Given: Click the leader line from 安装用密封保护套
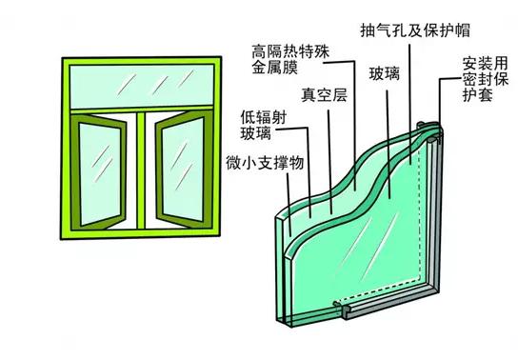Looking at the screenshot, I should coord(441,105).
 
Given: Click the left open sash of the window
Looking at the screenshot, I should coord(99,162).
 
